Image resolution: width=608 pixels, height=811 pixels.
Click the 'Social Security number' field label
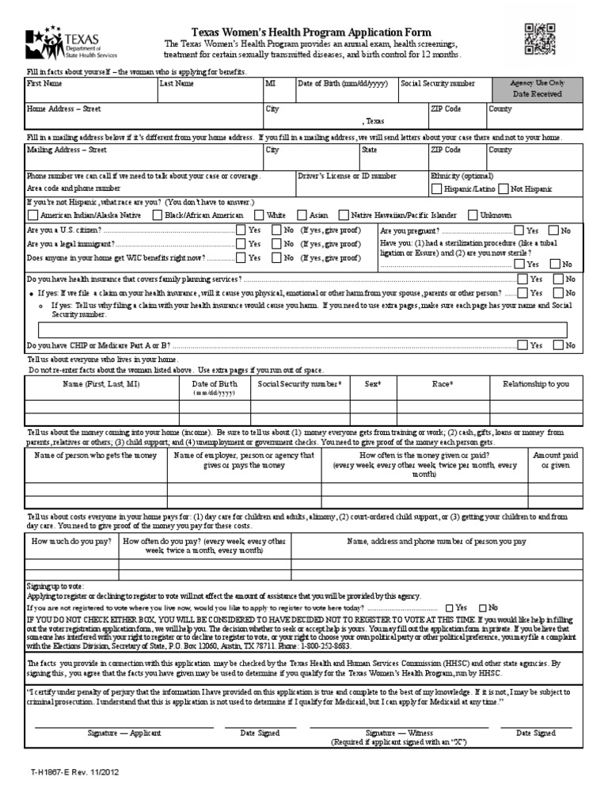(x=438, y=83)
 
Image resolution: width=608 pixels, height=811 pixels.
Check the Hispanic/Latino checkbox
(x=437, y=189)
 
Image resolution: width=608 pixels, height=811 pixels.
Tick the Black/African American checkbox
(x=158, y=215)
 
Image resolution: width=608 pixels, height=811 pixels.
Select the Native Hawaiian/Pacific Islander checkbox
(x=343, y=215)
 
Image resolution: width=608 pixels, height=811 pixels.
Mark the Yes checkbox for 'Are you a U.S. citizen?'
(x=241, y=230)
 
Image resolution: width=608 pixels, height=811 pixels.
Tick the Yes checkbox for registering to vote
(x=450, y=607)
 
